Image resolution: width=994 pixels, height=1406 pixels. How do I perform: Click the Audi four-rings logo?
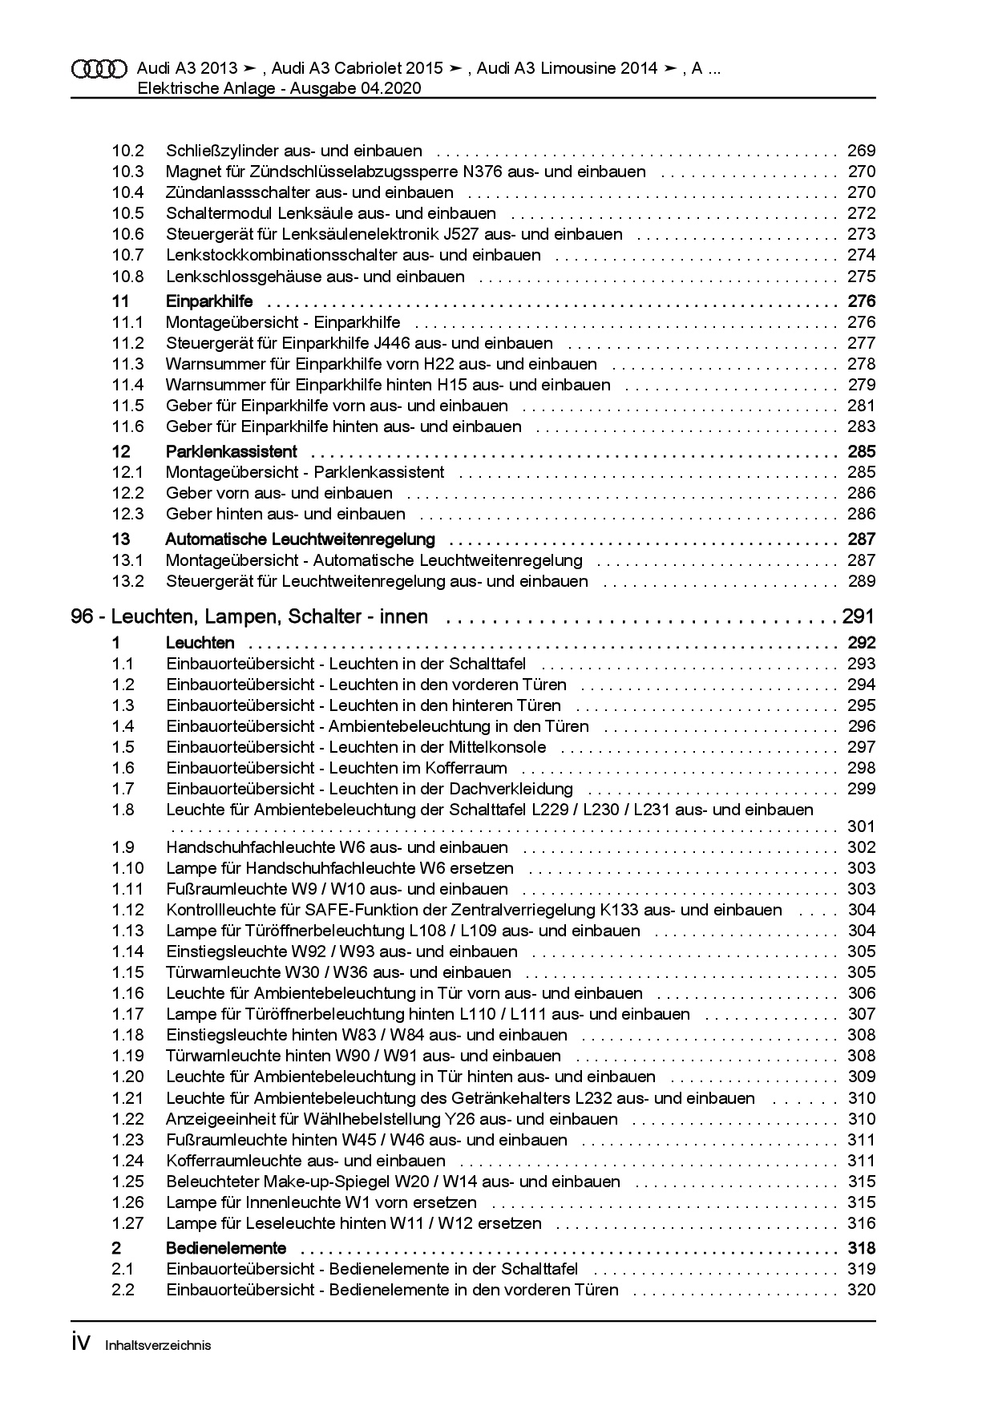[99, 69]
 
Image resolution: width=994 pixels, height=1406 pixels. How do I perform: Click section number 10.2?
[127, 151]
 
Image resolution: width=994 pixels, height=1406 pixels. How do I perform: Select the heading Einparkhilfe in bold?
[209, 301]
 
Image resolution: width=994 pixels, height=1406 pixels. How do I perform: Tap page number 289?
[861, 581]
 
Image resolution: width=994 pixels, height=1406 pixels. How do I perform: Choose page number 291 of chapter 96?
[858, 617]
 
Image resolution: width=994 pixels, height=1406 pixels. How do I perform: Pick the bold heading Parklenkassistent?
[231, 451]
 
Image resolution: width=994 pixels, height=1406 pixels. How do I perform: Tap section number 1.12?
[127, 910]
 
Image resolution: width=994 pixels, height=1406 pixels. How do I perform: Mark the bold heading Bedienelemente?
[226, 1248]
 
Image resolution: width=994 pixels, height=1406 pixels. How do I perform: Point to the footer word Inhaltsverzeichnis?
[158, 1346]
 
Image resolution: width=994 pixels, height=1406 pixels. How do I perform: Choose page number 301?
[861, 826]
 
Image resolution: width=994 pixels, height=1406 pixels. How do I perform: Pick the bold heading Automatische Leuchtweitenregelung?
[300, 539]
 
